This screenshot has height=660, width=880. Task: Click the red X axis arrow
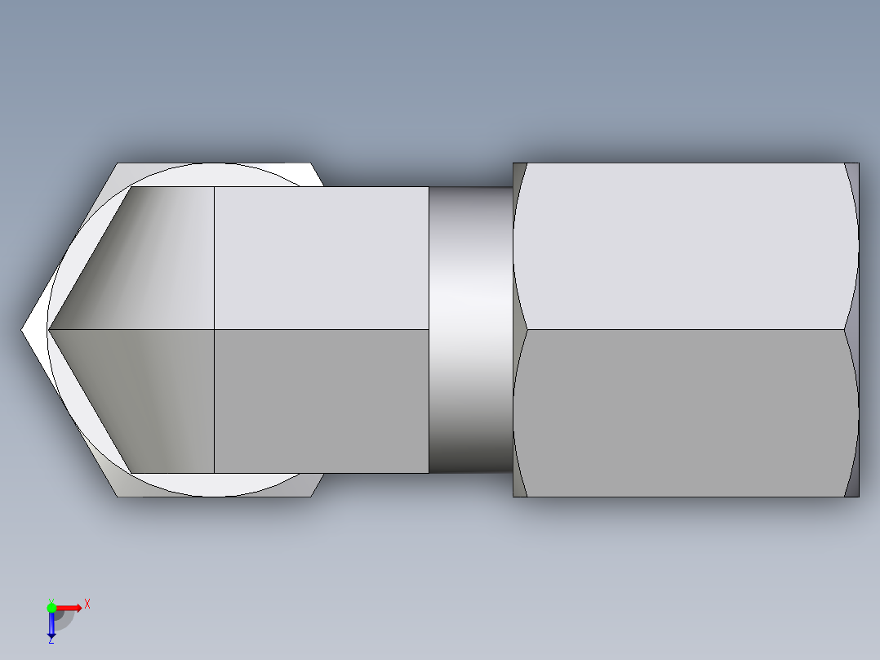[69, 607]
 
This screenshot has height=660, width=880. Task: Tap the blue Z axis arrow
[51, 625]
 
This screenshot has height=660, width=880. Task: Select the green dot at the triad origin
[51, 607]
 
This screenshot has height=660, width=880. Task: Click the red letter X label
[87, 604]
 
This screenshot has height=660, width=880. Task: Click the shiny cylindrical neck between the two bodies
[470, 330]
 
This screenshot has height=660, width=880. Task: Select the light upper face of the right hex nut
[686, 245]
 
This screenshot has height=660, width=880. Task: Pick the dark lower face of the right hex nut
[686, 412]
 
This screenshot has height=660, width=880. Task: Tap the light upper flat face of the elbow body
[321, 257]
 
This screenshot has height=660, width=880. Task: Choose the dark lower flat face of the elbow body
[321, 400]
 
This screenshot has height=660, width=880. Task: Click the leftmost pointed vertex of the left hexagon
[22, 330]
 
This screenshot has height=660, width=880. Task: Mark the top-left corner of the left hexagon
[118, 163]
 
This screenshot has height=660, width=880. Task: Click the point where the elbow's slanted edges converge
[49, 330]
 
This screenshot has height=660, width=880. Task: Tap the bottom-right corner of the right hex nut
[859, 496]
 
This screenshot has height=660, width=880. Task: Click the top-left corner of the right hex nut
[513, 163]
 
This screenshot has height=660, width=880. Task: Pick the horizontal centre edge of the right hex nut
[686, 330]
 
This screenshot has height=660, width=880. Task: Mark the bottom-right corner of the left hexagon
[311, 496]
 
